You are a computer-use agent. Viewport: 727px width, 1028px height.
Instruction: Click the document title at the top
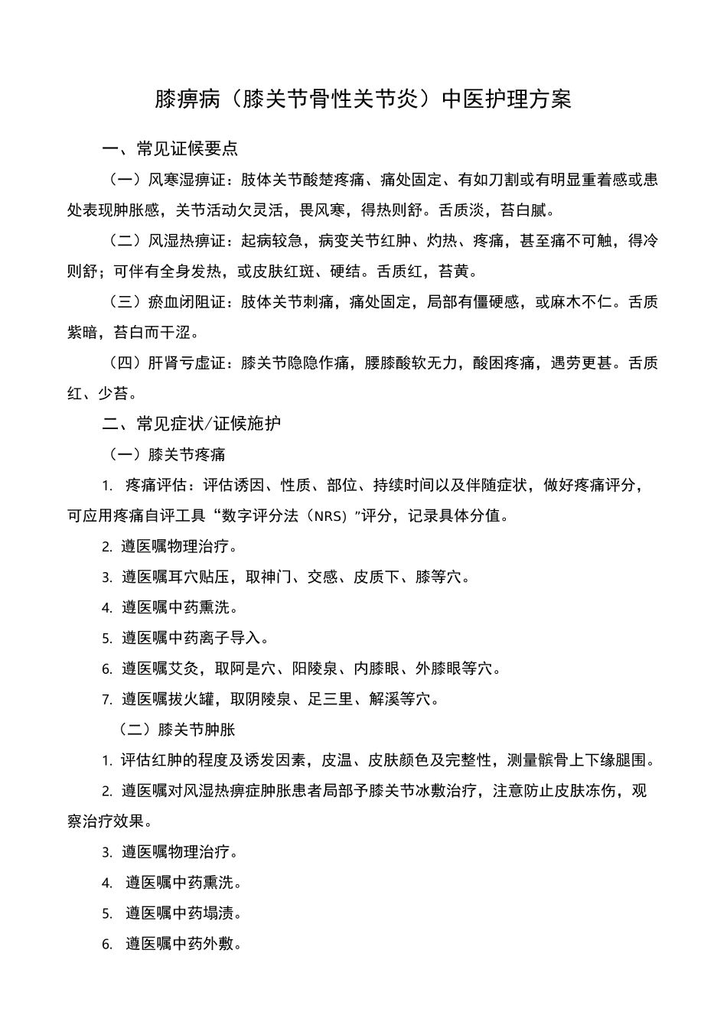[363, 100]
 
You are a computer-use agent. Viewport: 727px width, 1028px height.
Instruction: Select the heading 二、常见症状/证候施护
[192, 424]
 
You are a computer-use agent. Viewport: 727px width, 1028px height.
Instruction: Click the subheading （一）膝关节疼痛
[168, 455]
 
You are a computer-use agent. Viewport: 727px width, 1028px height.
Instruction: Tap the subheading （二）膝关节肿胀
[177, 730]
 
